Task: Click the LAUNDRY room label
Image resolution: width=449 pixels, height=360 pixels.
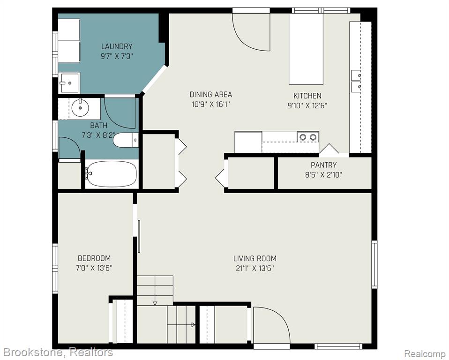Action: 117,46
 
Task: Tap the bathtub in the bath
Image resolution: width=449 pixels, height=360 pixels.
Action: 112,174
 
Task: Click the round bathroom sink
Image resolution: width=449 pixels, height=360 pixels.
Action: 80,107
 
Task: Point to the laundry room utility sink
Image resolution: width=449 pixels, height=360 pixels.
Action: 69,82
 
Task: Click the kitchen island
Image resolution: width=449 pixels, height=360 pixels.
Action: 306,49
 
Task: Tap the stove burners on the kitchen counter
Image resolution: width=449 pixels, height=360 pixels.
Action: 308,137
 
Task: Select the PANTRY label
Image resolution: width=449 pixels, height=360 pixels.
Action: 323,165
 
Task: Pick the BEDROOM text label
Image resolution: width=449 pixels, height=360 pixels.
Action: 95,258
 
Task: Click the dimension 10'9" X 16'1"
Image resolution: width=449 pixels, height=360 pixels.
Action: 211,104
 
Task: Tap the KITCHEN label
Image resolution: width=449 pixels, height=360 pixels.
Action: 307,96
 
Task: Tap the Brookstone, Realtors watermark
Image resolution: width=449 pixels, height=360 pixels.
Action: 57,352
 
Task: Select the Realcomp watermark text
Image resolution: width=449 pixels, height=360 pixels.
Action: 425,353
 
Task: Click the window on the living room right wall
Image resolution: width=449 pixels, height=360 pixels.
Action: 374,264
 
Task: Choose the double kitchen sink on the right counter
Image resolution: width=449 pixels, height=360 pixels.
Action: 356,81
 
